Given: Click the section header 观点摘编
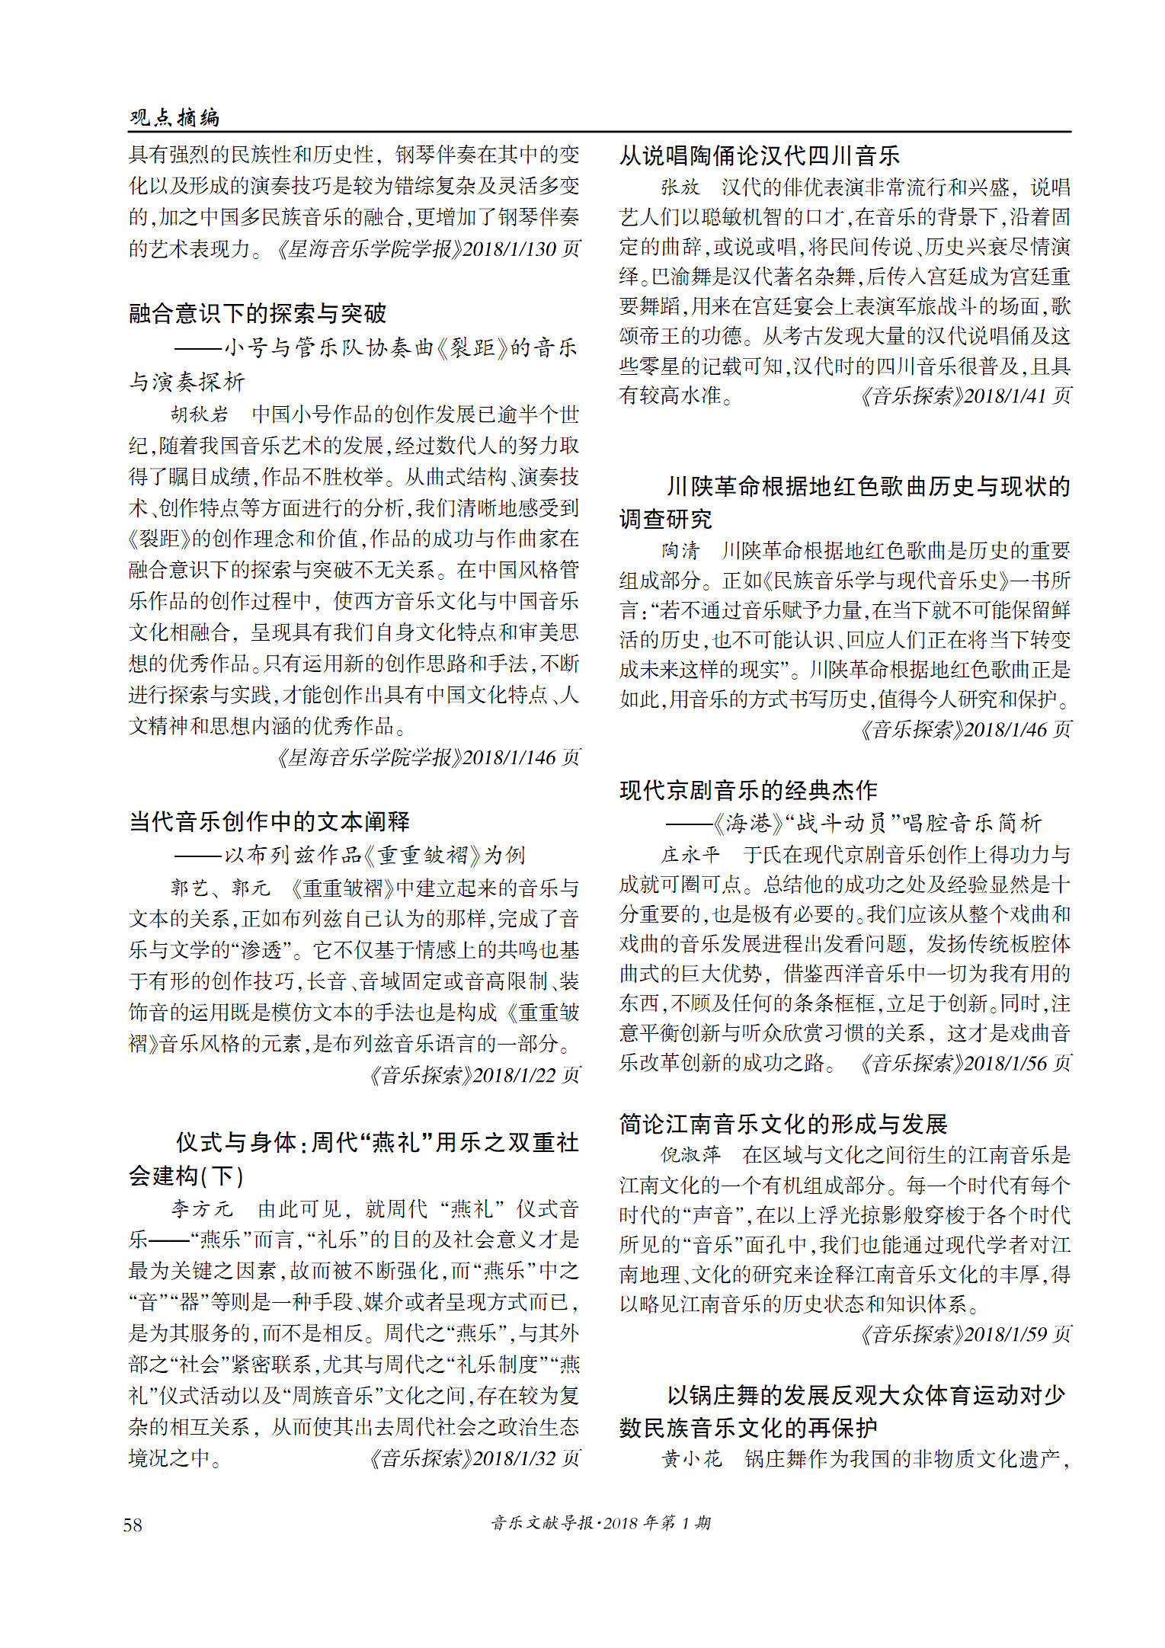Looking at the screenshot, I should click(x=174, y=117).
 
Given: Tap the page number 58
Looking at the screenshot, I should click(x=133, y=1525).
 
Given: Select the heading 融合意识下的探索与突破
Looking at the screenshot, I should click(x=258, y=313).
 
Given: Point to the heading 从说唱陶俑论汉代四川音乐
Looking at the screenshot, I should click(x=759, y=155).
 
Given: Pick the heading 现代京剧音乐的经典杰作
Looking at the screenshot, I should click(x=748, y=790).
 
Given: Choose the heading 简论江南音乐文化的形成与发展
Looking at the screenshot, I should click(x=783, y=1124).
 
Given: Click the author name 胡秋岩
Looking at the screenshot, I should click(x=200, y=414).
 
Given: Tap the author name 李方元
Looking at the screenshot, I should click(x=201, y=1209).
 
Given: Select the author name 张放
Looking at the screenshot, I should click(x=680, y=187).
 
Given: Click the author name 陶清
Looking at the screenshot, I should click(x=680, y=550).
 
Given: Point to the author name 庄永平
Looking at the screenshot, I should click(x=690, y=855).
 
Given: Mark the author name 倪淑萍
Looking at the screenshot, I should click(x=690, y=1155).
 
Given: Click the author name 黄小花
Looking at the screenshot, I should click(x=690, y=1459).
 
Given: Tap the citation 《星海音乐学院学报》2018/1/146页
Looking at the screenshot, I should click(x=428, y=757).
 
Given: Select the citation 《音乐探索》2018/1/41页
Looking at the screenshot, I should click(x=965, y=396).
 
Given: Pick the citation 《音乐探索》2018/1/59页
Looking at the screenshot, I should click(x=965, y=1334).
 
